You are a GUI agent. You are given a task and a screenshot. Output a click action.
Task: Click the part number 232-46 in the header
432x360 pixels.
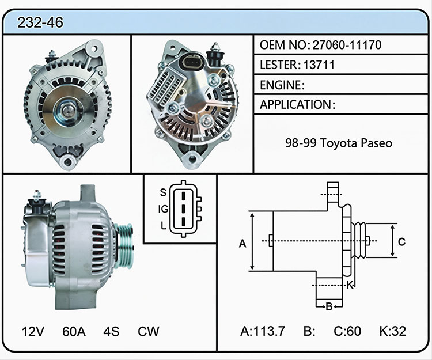(40, 22)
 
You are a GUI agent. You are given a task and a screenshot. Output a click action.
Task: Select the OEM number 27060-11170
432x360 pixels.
(347, 45)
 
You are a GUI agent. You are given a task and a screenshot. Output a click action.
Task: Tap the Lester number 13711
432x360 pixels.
(319, 65)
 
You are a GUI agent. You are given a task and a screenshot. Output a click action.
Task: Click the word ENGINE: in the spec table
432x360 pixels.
(282, 85)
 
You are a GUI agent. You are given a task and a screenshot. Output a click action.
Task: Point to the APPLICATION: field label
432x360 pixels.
(298, 105)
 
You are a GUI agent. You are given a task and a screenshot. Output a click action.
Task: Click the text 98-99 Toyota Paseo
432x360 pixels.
(339, 143)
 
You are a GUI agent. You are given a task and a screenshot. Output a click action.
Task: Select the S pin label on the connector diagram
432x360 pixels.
(163, 192)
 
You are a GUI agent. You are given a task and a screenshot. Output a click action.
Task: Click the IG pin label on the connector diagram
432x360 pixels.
(163, 209)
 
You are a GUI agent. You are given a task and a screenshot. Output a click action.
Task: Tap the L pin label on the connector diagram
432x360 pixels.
(164, 226)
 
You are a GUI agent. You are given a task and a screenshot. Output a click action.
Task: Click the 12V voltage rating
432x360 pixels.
(33, 331)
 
